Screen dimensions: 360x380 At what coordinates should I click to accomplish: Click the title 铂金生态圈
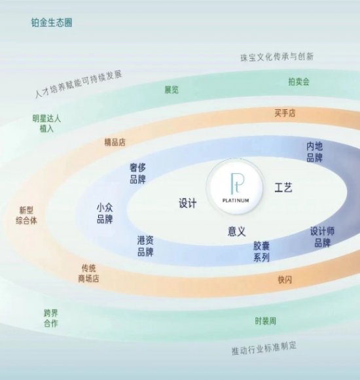(52, 22)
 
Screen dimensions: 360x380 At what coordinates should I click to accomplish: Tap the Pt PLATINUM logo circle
(236, 187)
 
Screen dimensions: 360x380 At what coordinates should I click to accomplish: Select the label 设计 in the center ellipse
(187, 203)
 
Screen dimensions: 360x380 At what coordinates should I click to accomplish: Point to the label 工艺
(283, 187)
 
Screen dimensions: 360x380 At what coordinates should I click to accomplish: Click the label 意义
(237, 231)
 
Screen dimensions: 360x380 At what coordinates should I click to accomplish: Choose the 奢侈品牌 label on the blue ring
(138, 173)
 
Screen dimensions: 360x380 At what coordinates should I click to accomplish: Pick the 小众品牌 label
(105, 213)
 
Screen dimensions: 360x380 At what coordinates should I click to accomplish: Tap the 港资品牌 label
(145, 246)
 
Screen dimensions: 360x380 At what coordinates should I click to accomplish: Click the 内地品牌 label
(315, 152)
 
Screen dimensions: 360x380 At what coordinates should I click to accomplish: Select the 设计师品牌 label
(323, 237)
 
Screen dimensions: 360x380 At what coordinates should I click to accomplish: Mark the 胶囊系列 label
(262, 252)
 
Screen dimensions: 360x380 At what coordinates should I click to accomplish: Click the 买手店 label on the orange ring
(285, 113)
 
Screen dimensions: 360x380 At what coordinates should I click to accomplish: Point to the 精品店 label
(115, 143)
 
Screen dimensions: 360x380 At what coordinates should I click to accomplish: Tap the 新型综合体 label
(26, 215)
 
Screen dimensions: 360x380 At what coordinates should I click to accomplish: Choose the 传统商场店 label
(88, 273)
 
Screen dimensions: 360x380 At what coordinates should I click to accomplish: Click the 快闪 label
(285, 280)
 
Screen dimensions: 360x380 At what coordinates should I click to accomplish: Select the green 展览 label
(171, 90)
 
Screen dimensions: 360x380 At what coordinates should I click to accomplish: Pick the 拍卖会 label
(299, 82)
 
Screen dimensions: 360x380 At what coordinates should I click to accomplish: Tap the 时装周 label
(265, 321)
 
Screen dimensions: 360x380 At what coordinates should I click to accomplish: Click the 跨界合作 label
(51, 319)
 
